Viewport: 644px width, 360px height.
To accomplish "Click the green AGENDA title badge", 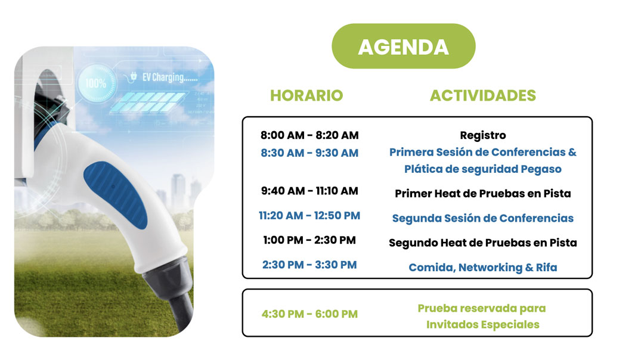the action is tap(403, 46).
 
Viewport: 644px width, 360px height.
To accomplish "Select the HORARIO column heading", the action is tap(306, 95).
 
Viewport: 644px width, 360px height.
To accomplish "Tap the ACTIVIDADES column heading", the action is tap(482, 95).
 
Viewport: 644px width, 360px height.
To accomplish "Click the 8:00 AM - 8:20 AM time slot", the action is tap(309, 135).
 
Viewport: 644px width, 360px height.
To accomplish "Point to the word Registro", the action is tap(482, 135).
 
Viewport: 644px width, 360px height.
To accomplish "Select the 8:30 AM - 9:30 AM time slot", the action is tap(309, 153).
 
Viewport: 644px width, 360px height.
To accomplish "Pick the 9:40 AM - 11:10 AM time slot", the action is tap(309, 191).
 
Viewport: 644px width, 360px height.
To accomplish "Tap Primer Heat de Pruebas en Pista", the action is tap(482, 193).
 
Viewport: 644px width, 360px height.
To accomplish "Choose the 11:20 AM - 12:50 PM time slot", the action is tap(309, 216).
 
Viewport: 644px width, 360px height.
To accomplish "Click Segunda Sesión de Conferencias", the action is tap(482, 218).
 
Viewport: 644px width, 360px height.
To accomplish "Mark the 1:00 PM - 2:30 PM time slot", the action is tap(309, 240).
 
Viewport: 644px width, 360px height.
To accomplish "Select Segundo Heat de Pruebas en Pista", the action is tap(482, 243).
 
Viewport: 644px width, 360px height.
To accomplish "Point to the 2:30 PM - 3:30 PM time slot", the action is tap(309, 265).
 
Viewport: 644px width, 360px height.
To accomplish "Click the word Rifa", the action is tap(546, 267).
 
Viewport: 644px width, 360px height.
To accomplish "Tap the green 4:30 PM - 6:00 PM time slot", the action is tap(309, 314).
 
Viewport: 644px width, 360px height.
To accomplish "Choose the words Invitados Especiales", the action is tap(482, 325).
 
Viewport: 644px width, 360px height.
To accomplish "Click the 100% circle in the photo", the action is tap(97, 83).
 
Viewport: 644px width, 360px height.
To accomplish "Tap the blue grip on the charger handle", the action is tap(116, 194).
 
